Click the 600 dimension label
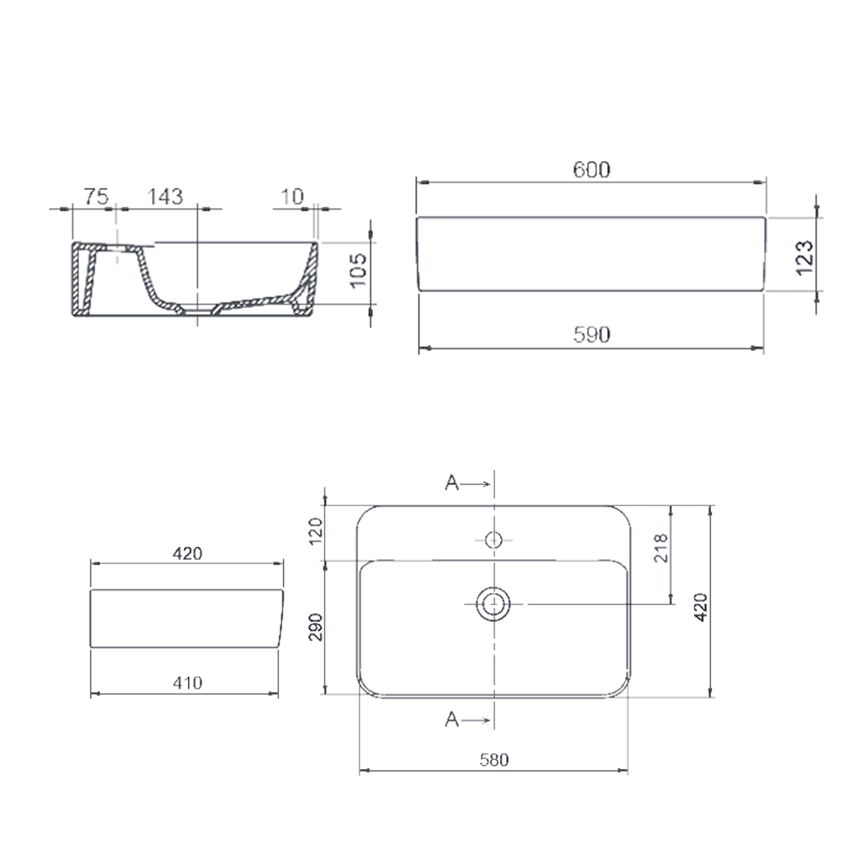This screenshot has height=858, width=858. (x=591, y=169)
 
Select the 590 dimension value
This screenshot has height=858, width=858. (x=591, y=334)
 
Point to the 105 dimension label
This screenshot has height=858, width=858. (x=358, y=270)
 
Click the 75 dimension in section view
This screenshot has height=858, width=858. (x=96, y=197)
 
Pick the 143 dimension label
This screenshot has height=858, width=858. (x=165, y=197)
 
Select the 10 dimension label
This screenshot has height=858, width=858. (x=292, y=197)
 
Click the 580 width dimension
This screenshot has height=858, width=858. (x=494, y=760)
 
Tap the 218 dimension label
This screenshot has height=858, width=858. (x=661, y=548)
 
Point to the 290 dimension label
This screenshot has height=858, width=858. (x=316, y=627)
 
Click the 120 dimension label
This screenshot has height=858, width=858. (x=316, y=531)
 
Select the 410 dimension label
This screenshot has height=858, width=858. (x=187, y=682)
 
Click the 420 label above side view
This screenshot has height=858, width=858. (x=187, y=553)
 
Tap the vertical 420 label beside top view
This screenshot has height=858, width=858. (x=701, y=607)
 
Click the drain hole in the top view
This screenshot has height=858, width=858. (x=493, y=603)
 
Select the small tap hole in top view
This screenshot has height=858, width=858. (x=493, y=539)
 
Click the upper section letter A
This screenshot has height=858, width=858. (x=451, y=483)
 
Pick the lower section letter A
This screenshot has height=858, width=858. (x=451, y=719)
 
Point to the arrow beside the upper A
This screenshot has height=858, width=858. (x=475, y=484)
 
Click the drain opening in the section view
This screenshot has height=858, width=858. (x=198, y=311)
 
